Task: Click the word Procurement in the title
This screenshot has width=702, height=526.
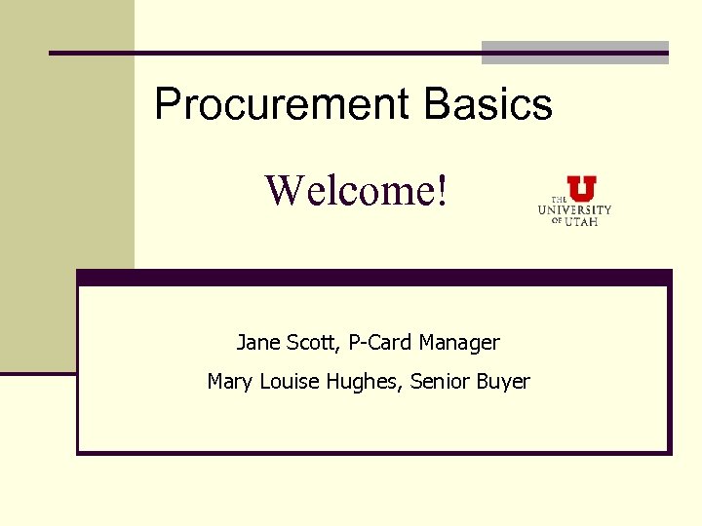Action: click(283, 104)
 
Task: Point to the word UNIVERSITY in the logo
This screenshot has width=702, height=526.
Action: click(575, 209)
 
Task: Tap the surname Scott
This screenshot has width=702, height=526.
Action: click(308, 343)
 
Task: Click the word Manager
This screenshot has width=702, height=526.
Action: click(459, 343)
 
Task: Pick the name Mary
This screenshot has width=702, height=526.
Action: click(229, 382)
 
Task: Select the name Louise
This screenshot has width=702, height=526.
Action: click(286, 382)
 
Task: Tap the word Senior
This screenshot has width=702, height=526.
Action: click(441, 382)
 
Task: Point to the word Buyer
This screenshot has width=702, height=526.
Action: click(503, 382)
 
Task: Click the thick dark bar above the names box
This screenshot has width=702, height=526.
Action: click(374, 278)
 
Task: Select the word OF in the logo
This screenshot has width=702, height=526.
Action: click(557, 221)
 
